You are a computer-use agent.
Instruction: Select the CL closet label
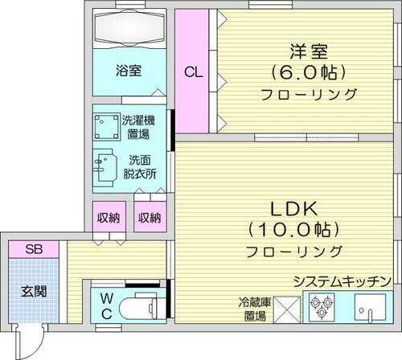pyautogui.click(x=192, y=72)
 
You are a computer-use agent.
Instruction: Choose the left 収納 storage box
pyautogui.click(x=109, y=217)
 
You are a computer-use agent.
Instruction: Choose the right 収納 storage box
pyautogui.click(x=149, y=217)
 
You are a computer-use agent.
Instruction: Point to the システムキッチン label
pyautogui.click(x=341, y=280)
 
